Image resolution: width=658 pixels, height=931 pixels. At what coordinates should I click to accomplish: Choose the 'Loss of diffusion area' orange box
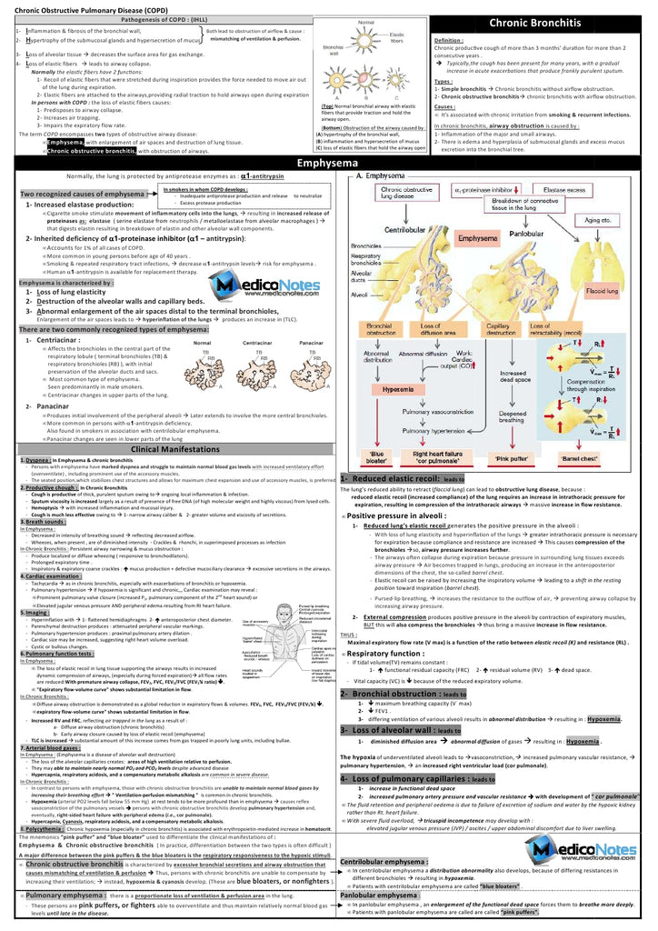tap(437, 331)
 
